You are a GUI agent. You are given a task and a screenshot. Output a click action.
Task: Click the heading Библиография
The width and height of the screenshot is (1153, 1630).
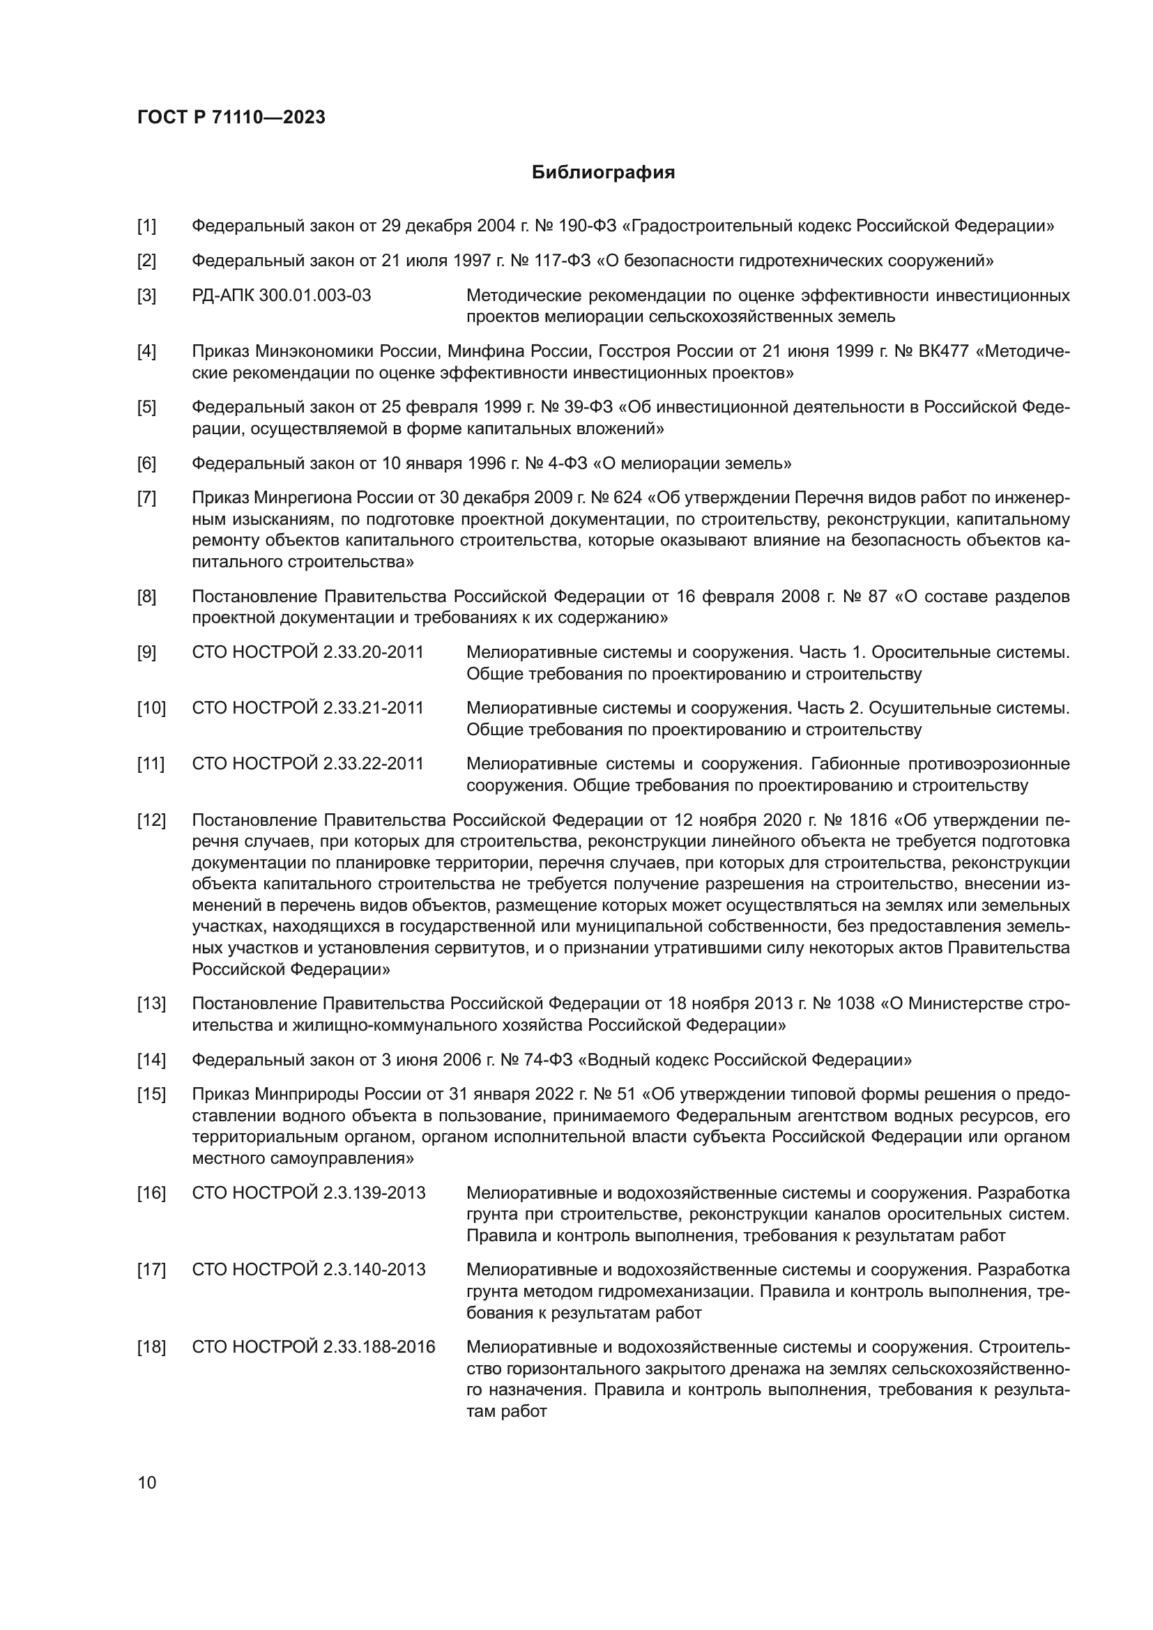click(603, 173)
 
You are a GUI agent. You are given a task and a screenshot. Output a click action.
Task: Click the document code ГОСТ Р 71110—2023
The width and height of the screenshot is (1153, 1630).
click(231, 117)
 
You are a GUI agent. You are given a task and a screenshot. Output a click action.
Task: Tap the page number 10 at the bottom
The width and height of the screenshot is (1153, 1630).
click(146, 1482)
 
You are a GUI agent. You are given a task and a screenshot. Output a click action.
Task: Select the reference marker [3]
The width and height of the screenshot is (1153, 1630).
click(146, 295)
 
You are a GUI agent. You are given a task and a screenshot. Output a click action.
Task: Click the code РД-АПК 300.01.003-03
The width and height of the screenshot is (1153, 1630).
click(281, 295)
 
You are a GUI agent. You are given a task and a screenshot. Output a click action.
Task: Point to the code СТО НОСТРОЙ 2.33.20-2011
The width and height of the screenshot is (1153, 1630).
click(307, 652)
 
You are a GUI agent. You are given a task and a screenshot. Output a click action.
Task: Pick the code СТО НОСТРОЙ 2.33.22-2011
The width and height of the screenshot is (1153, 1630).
click(307, 764)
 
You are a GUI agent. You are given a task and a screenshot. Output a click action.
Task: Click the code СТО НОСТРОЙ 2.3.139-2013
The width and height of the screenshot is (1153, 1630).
click(308, 1192)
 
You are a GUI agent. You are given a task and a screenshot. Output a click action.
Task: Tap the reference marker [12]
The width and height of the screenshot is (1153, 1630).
click(151, 820)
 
